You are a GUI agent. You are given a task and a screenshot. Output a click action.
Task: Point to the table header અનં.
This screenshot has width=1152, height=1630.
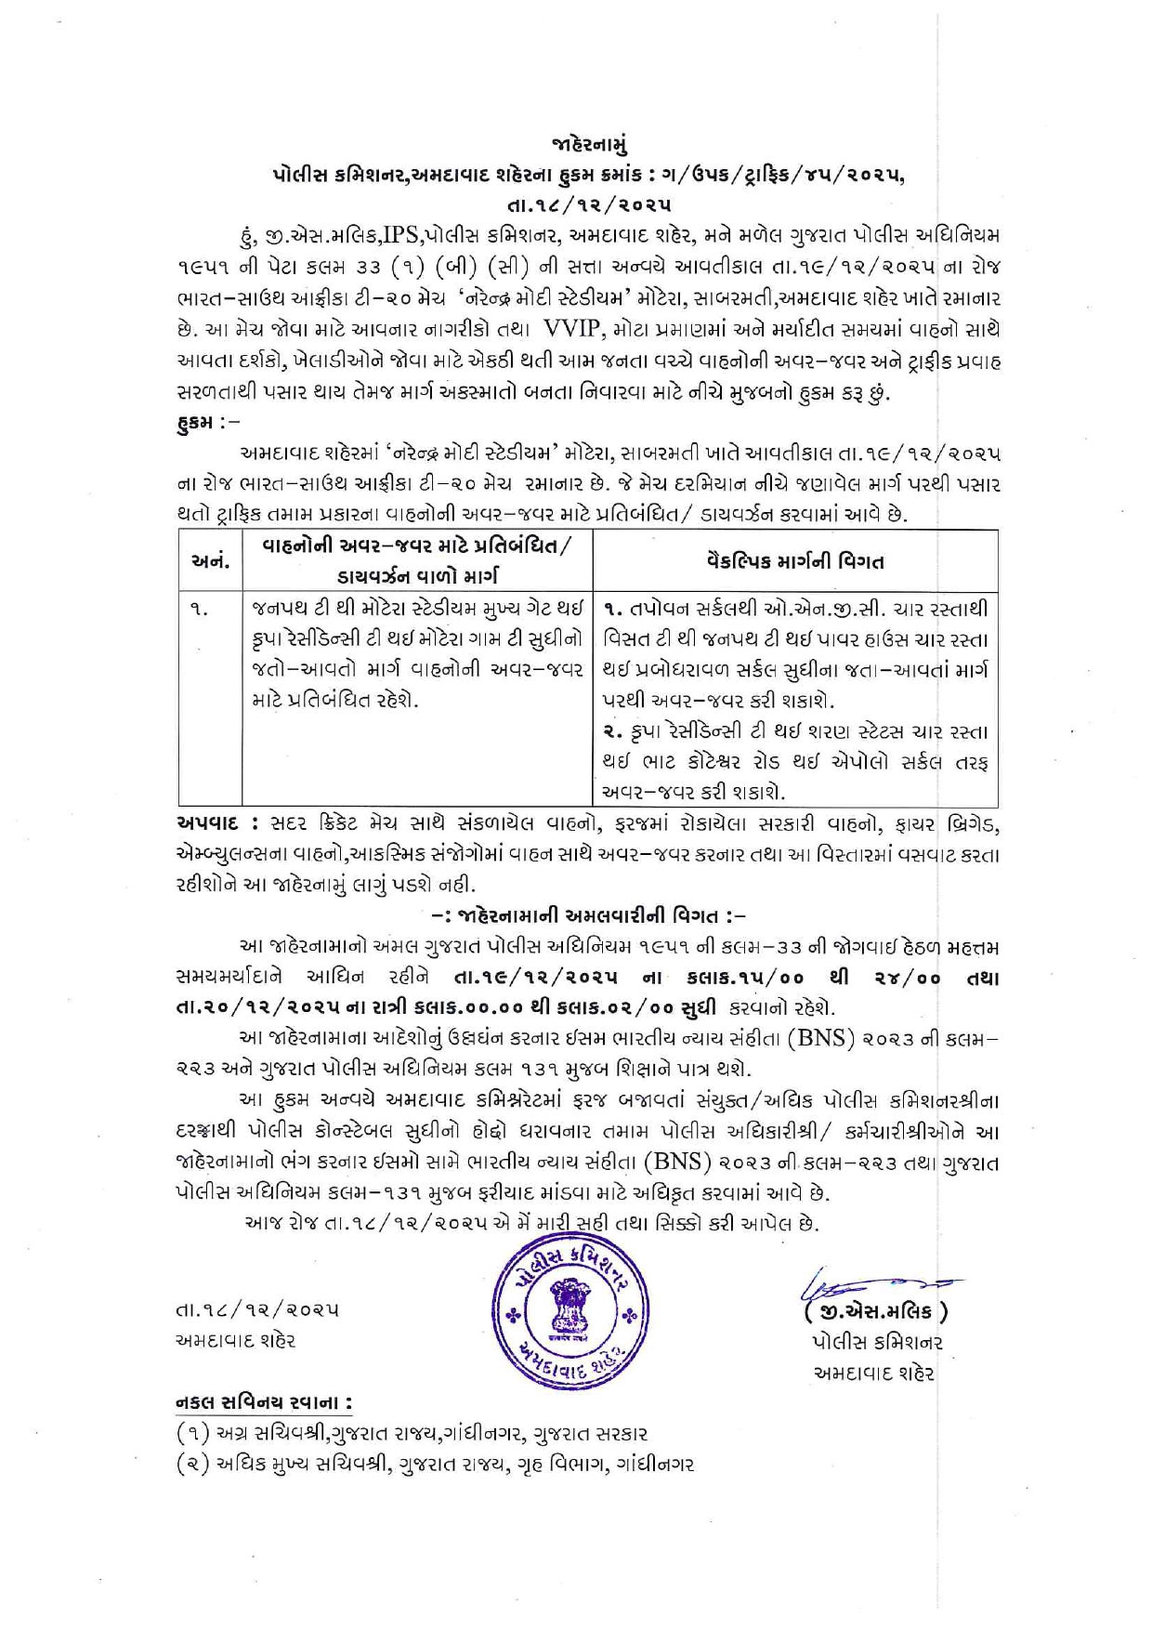click(210, 560)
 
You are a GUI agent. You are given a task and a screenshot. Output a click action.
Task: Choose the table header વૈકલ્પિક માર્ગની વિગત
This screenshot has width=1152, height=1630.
click(794, 560)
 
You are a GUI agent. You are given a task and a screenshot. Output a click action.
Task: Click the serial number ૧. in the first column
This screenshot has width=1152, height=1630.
click(198, 610)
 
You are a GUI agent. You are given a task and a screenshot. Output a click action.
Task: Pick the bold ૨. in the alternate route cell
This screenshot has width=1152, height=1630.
click(612, 732)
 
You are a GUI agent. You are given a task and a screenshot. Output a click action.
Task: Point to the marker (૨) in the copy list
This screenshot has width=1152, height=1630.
click(192, 1465)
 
